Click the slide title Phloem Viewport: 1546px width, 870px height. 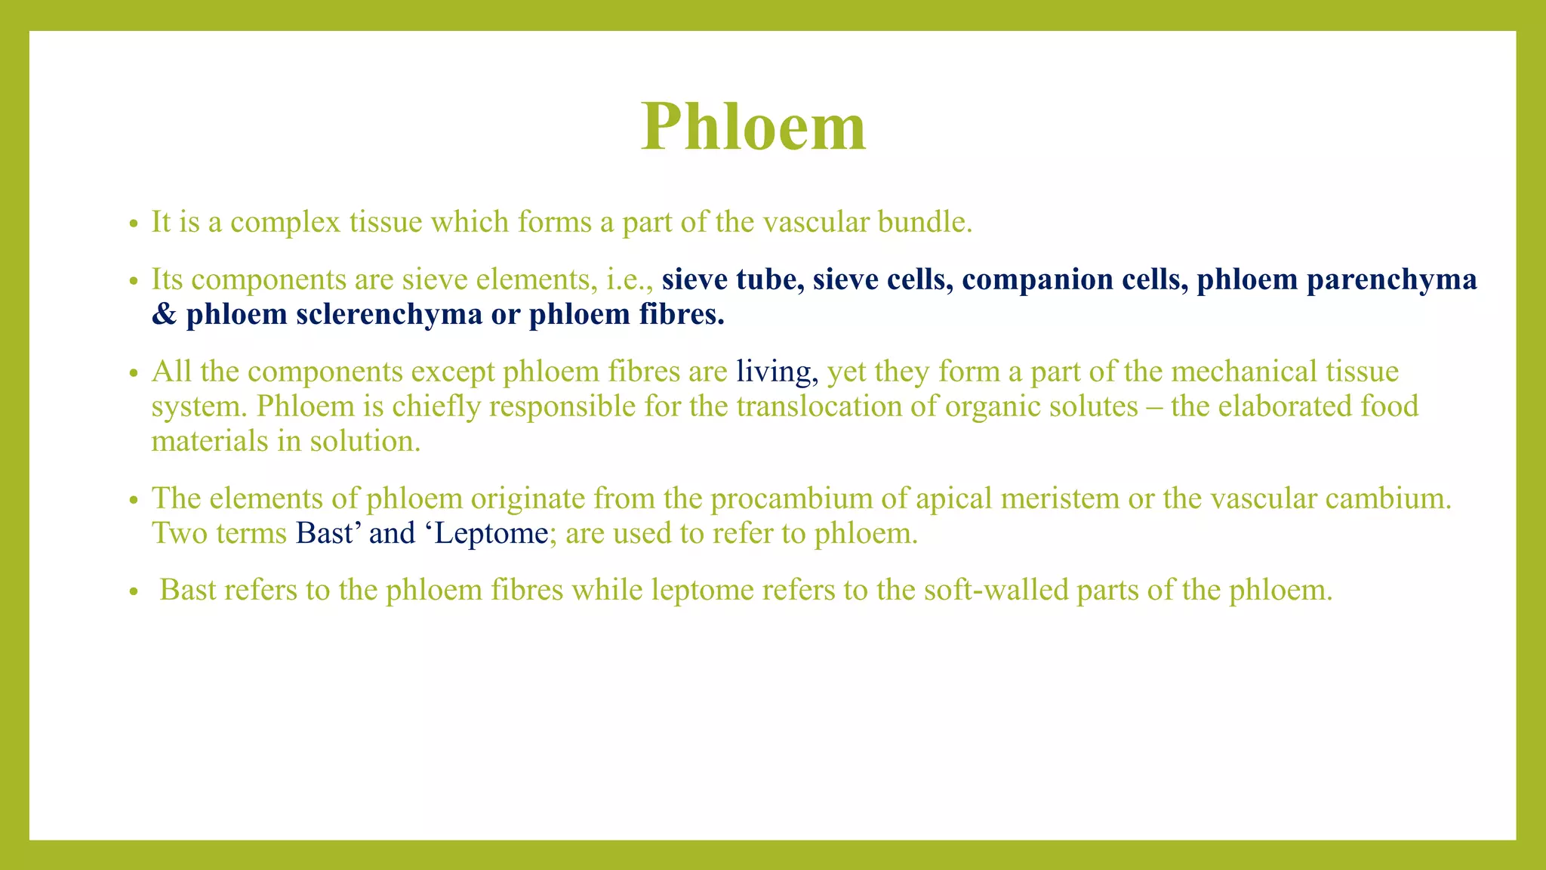tap(753, 127)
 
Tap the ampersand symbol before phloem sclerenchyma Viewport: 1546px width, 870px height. tap(163, 314)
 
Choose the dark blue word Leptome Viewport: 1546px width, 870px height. tap(491, 533)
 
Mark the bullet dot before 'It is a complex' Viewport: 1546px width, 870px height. tap(134, 224)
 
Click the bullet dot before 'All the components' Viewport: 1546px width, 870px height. tap(134, 374)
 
